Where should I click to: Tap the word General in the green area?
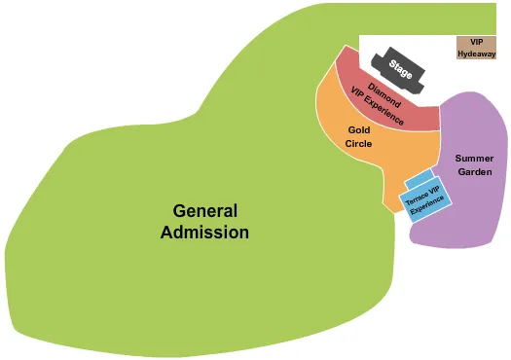tap(204, 211)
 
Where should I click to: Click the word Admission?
tap(204, 233)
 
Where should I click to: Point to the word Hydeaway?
tap(476, 54)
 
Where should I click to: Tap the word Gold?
tap(358, 129)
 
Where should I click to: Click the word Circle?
tap(358, 144)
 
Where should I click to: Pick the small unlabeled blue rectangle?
tap(419, 178)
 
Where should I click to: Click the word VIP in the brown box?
tap(476, 42)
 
